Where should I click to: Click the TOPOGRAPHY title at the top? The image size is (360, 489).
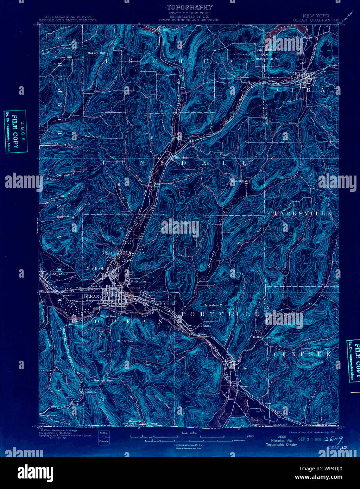(190, 7)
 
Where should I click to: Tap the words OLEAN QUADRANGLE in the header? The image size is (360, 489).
(316, 20)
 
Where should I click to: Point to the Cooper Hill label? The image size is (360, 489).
(63, 57)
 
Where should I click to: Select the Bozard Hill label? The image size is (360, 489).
(96, 53)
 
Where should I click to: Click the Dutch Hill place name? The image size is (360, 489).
(93, 136)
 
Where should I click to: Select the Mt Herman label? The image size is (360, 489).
(125, 341)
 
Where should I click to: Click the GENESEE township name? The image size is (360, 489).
(302, 354)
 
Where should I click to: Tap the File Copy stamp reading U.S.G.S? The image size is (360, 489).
(15, 131)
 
